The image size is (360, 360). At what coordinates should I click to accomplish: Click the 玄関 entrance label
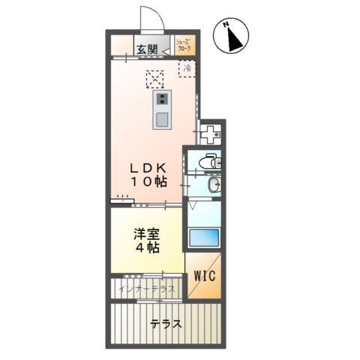pos(147,49)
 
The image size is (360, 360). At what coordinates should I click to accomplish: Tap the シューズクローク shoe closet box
pos(184,46)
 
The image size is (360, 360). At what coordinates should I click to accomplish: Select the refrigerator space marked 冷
pos(185,68)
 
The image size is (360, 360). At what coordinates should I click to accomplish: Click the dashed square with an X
pos(155,78)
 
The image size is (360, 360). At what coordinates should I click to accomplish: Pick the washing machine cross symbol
pos(211,135)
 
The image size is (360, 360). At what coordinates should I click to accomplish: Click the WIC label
pos(205,275)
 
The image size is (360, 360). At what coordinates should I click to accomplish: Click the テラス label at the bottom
pos(166,325)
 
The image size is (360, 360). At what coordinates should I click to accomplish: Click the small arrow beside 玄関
pos(164,49)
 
